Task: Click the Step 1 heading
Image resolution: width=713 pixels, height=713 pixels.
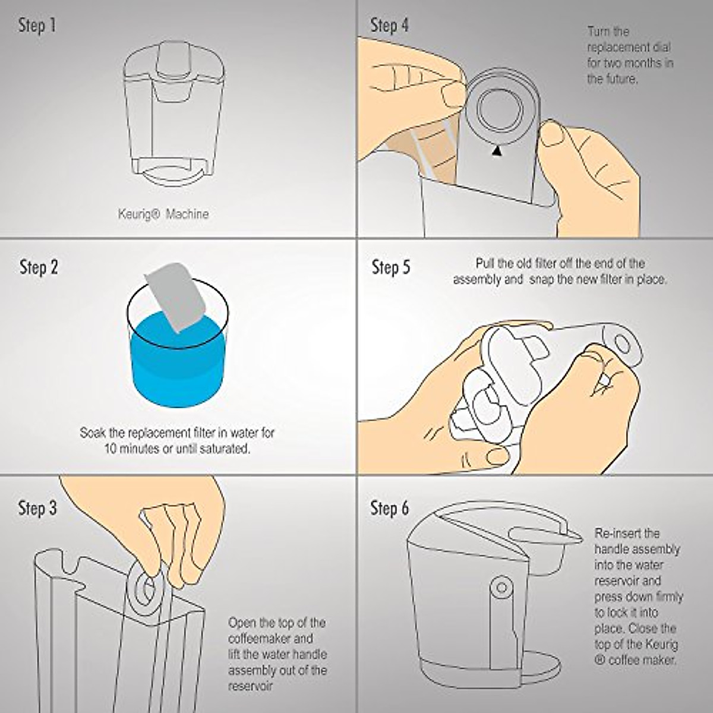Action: coord(37,26)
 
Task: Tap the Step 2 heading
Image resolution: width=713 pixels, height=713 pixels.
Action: coord(39,267)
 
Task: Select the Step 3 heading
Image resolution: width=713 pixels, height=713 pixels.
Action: coord(37,509)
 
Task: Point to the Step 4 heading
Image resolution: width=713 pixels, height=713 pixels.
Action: coord(389,26)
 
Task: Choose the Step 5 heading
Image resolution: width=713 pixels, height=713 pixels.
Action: coord(390,267)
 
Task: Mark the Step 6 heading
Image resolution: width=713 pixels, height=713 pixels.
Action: coord(390,509)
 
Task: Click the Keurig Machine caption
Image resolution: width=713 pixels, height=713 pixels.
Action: coord(163,214)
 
